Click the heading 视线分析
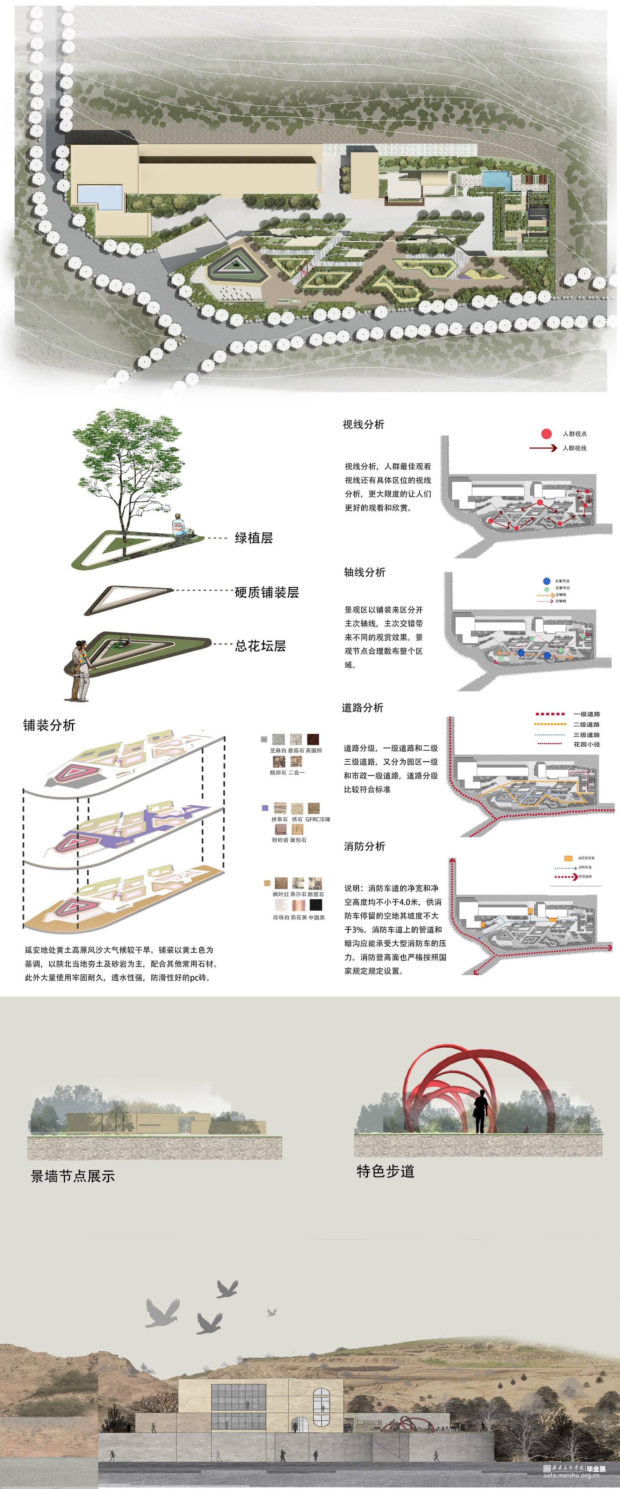point(363,424)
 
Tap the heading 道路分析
point(362,708)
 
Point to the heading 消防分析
point(364,846)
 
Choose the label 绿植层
point(254,538)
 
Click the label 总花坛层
point(260,646)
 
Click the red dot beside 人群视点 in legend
point(546,433)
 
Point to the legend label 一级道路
point(586,714)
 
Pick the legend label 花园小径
point(586,744)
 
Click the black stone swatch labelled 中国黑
point(315,905)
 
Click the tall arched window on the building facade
point(321,1406)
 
